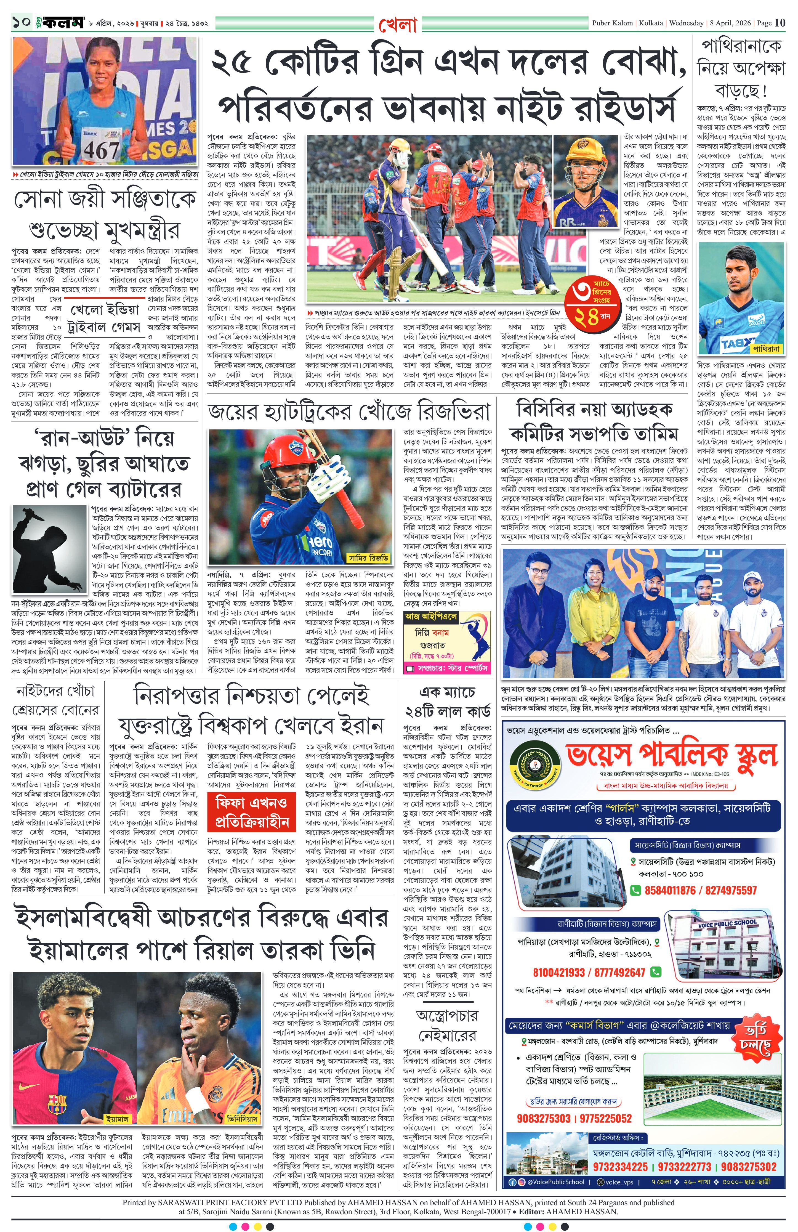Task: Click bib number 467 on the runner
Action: point(102,150)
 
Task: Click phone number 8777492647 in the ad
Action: point(615,972)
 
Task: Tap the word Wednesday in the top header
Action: point(687,23)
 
